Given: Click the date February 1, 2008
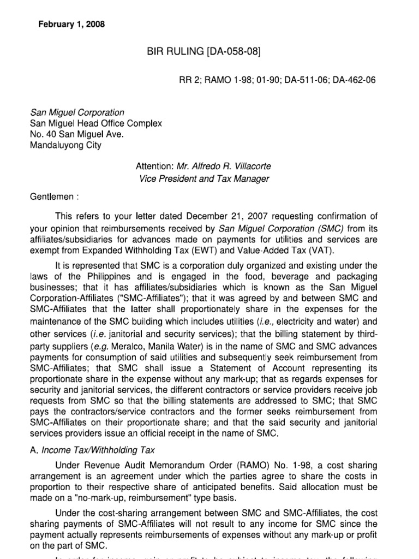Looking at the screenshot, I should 71,25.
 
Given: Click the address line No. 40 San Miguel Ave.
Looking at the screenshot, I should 73,134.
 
